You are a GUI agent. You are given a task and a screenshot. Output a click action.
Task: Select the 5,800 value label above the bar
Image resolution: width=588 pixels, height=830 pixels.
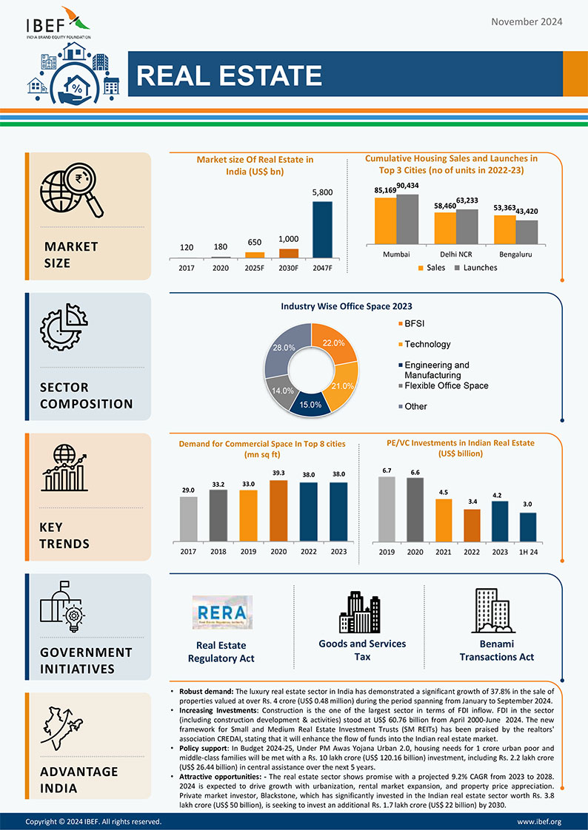(x=322, y=192)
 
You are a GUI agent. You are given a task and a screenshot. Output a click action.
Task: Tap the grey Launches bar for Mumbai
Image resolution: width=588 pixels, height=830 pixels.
(x=407, y=219)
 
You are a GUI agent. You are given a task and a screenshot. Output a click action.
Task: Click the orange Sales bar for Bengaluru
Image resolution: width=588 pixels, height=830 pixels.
(x=504, y=229)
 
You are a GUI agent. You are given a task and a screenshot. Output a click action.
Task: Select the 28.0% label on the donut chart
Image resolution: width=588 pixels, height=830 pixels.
(x=284, y=347)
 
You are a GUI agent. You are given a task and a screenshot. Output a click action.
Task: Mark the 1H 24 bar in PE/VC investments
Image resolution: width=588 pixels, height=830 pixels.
(x=528, y=527)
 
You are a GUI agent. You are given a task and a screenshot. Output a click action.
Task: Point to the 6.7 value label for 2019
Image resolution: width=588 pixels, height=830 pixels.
(x=387, y=470)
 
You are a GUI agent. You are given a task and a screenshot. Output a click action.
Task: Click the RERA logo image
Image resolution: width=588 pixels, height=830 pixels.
(x=222, y=611)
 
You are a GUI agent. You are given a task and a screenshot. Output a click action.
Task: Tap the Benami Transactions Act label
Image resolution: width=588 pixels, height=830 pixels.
(x=497, y=650)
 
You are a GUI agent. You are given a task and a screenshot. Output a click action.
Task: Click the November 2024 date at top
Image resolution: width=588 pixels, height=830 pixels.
(x=527, y=21)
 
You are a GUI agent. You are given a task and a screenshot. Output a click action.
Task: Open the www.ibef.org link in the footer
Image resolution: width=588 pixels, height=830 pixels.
(x=538, y=821)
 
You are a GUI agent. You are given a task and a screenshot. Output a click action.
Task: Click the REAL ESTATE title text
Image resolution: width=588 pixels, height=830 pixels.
(x=230, y=75)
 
